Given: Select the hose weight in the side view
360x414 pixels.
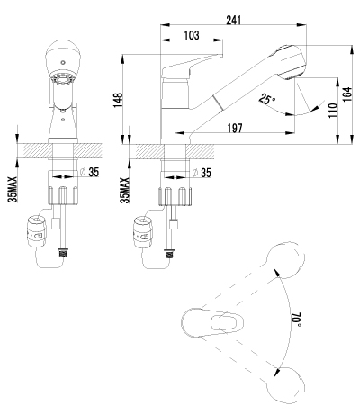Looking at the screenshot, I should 145,229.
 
